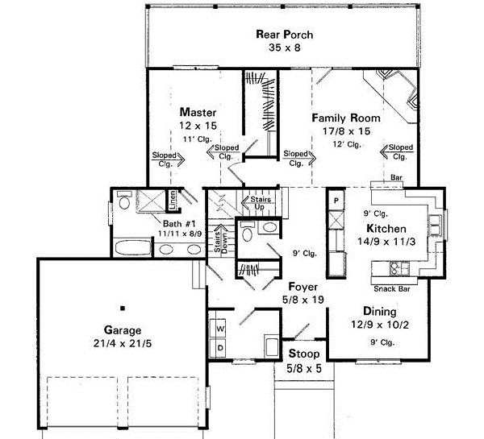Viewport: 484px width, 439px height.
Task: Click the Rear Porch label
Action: click(x=284, y=35)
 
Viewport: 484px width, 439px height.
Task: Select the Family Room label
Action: click(x=345, y=118)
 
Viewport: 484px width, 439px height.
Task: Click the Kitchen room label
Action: click(x=387, y=230)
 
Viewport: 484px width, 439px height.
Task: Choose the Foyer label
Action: click(x=304, y=287)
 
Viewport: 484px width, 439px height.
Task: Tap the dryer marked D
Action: click(x=218, y=347)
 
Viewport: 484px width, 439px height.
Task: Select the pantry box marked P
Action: click(x=336, y=198)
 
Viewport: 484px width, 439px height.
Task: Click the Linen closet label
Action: click(x=172, y=198)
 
